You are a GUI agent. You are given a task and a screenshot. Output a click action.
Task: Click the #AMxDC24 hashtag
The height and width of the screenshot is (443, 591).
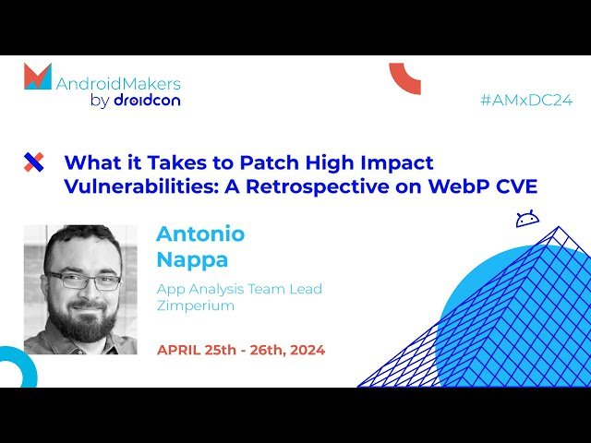[x=526, y=101]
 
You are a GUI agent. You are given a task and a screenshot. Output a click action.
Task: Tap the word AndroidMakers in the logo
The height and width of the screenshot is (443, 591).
[x=118, y=83]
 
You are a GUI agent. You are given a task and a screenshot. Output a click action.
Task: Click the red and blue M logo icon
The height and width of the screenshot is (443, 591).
[x=38, y=77]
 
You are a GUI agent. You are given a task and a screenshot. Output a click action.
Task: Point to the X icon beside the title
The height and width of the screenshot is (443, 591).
[x=33, y=163]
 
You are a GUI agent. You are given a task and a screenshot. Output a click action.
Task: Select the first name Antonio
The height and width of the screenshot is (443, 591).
[x=200, y=233]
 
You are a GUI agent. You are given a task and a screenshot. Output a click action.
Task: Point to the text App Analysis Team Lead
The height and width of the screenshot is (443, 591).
[x=239, y=289]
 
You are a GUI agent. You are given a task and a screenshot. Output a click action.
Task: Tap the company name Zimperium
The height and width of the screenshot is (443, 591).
[x=196, y=306]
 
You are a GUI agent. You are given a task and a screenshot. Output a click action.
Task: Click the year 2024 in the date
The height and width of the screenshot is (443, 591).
[x=303, y=350]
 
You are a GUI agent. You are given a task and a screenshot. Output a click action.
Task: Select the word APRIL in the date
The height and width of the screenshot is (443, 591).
[x=179, y=350]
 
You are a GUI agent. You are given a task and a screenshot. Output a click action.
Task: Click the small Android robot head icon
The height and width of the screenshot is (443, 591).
[x=527, y=220]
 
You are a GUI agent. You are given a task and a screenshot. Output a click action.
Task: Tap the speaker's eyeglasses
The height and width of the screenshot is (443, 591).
[x=83, y=279]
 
